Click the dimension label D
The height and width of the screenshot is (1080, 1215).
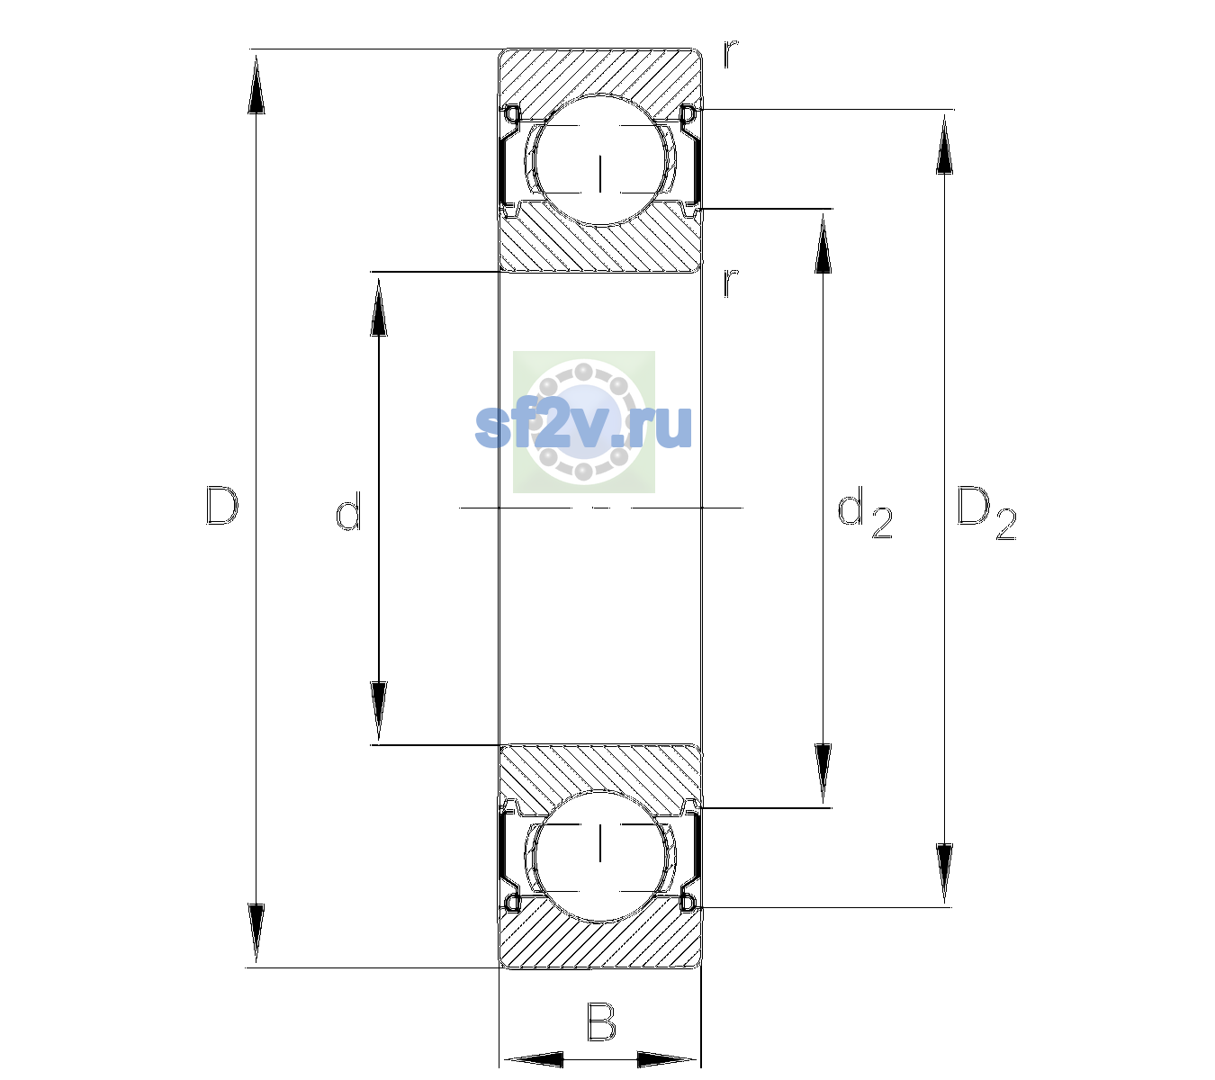[x=222, y=506]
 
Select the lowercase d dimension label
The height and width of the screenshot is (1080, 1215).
[x=348, y=511]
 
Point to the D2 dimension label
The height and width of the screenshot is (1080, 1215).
[x=986, y=513]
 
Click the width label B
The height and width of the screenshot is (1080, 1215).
[x=601, y=1021]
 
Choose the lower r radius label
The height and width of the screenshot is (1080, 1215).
[x=731, y=283]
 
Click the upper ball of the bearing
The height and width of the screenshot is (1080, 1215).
[x=600, y=160]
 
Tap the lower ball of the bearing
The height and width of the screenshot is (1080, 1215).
[x=600, y=856]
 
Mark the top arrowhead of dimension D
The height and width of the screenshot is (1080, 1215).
[x=256, y=84]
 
